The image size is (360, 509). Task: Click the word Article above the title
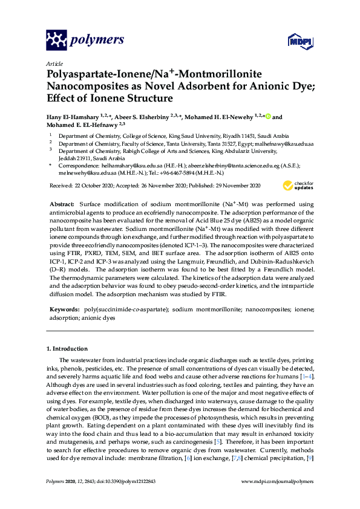[54, 63]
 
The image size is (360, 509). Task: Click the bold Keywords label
[64, 309]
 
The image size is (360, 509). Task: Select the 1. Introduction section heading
[67, 349]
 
